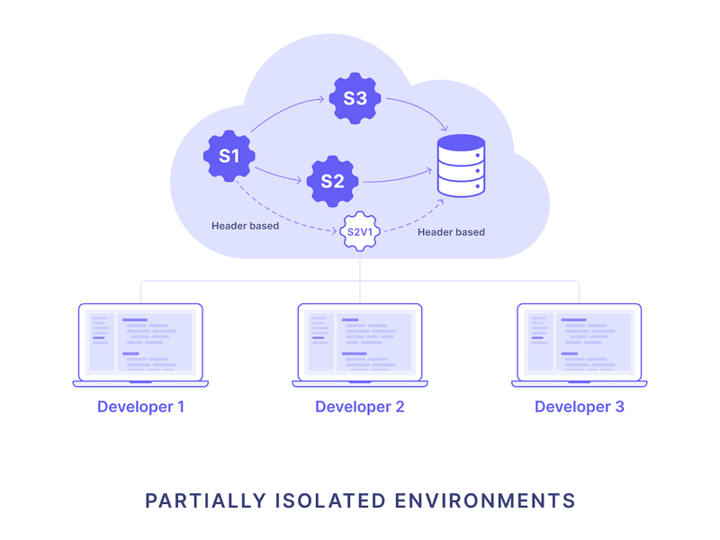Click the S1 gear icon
[229, 156]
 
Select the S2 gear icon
[332, 181]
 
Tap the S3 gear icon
[355, 98]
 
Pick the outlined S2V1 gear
[359, 233]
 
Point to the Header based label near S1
[245, 226]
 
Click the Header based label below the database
[451, 232]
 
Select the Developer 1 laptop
[140, 346]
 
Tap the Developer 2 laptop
[360, 346]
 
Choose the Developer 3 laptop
[580, 346]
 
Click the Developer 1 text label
[140, 407]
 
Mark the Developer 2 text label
[360, 407]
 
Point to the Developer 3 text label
[580, 407]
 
